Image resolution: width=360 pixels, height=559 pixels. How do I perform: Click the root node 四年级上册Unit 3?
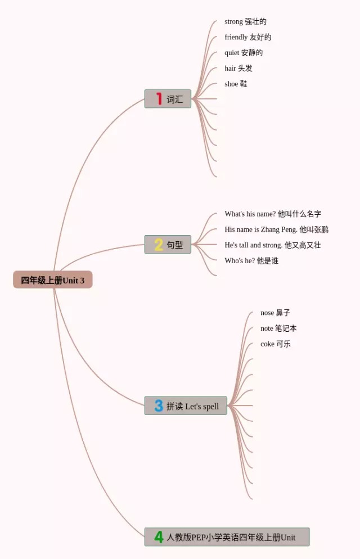(x=53, y=280)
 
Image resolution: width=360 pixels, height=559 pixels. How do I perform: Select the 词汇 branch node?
(x=168, y=99)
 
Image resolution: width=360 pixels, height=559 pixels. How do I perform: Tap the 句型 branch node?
(x=168, y=245)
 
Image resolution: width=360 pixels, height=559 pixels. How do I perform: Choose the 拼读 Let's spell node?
(x=186, y=406)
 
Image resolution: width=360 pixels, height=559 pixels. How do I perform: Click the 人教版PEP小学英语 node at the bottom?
(x=227, y=537)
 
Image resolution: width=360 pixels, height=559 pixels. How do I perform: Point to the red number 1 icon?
(x=159, y=99)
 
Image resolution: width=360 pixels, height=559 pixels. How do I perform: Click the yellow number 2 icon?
(x=159, y=245)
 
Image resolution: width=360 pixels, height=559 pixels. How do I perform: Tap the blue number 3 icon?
(x=159, y=406)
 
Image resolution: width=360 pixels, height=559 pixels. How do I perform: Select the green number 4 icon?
(x=159, y=537)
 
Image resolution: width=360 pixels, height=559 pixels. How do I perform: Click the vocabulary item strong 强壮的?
(x=245, y=22)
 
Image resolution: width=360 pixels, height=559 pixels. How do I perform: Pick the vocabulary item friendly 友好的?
(x=247, y=37)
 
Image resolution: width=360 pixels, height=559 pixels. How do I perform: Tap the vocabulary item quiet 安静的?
(x=244, y=53)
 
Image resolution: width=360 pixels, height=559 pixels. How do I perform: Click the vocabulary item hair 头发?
(x=238, y=69)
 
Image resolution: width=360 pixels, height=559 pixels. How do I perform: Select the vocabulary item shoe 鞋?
(x=236, y=84)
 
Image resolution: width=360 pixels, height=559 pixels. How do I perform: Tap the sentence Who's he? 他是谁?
(x=251, y=261)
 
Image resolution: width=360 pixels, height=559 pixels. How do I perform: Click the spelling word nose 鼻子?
(x=275, y=313)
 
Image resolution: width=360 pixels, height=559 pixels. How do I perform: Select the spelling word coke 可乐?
(x=275, y=344)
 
